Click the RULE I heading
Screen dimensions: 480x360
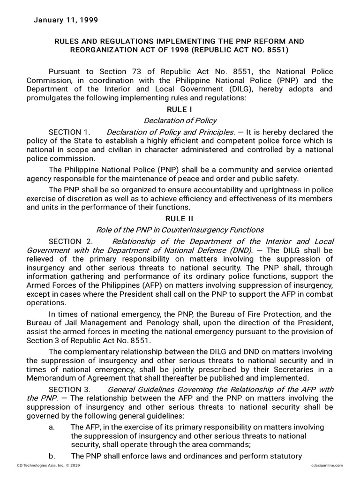(x=180, y=109)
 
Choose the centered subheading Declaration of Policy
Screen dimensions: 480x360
(x=180, y=120)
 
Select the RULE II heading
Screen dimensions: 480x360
(x=180, y=218)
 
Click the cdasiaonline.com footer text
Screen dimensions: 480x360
(x=327, y=465)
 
